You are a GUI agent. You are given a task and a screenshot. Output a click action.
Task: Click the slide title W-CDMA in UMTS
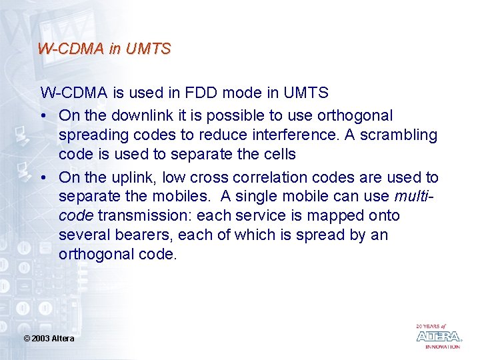point(105,49)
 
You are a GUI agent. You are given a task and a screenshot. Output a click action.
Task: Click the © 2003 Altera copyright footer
point(49,339)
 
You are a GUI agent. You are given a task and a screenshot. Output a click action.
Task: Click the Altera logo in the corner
point(438,336)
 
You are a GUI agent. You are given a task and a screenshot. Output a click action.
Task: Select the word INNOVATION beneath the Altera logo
point(443,347)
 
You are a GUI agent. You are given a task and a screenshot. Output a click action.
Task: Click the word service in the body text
point(265,216)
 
